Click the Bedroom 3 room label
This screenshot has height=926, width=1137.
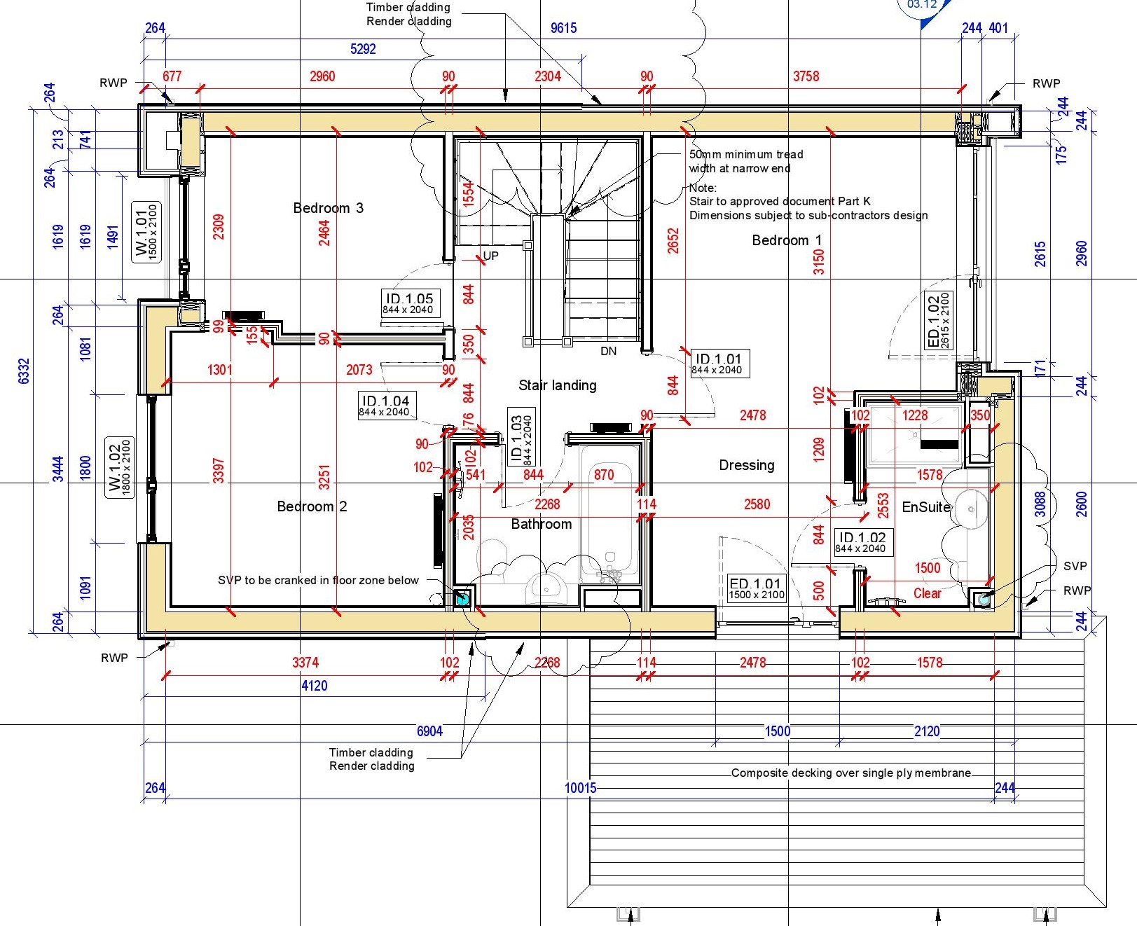coord(328,208)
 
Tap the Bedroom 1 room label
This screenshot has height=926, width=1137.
coord(787,240)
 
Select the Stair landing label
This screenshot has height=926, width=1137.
coord(557,385)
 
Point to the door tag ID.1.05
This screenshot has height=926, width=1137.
coord(410,303)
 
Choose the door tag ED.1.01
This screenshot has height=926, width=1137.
coord(755,588)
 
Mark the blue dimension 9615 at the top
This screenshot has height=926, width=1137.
coord(563,28)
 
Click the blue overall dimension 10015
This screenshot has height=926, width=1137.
coord(580,788)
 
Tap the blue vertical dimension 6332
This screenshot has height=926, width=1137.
coord(23,371)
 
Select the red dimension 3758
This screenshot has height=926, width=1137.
coord(806,76)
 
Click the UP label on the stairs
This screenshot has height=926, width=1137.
coord(490,256)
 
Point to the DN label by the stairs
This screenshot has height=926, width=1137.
coord(608,351)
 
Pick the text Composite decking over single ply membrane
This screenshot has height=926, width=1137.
coord(850,773)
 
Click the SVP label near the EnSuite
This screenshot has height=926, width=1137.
coord(1075,566)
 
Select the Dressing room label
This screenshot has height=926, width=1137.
coord(746,465)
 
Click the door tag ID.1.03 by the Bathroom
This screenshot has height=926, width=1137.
coord(521,440)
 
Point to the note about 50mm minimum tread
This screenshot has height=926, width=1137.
coord(745,161)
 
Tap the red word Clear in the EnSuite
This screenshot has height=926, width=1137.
coord(927,593)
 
